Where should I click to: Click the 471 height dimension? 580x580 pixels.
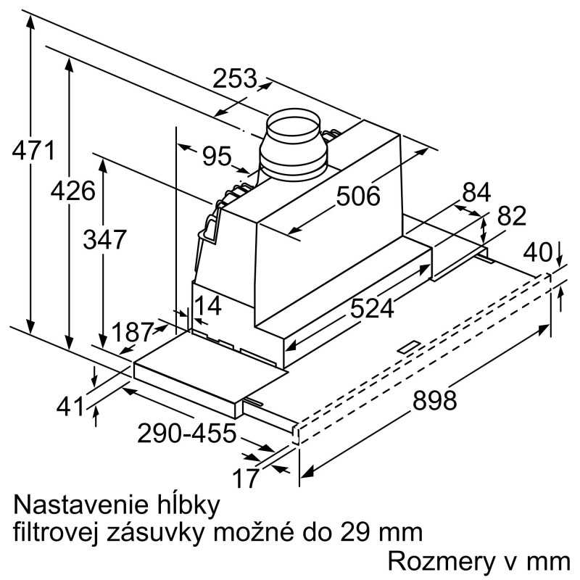[x=33, y=150]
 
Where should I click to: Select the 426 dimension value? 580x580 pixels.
[x=73, y=191]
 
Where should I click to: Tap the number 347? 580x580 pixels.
[x=104, y=239]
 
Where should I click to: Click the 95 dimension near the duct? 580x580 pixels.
[x=217, y=156]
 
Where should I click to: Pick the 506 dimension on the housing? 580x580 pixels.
[x=358, y=196]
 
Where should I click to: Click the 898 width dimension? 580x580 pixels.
[x=434, y=400]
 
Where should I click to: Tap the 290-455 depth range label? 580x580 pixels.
[x=187, y=433]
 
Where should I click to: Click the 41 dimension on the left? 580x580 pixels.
[x=70, y=407]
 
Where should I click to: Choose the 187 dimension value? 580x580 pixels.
[x=133, y=332]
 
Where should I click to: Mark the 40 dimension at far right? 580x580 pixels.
[x=538, y=252]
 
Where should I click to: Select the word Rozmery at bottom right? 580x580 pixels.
[x=442, y=563]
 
